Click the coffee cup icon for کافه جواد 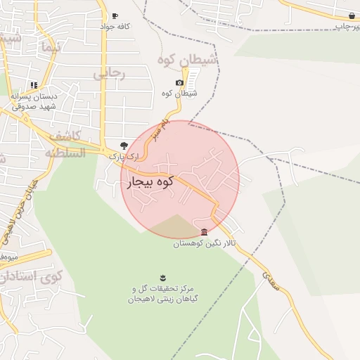pos(115,15)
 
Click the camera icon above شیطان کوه pos(179,83)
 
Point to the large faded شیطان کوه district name pos(188,60)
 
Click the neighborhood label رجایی pos(110,72)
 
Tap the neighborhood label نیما pos(52,48)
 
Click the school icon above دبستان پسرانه pos(33,85)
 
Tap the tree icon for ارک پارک pos(124,145)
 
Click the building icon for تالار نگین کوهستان pos(204,232)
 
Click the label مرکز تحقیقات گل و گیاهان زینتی pos(162,294)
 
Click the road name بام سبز pos(165,131)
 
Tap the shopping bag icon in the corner pos(351,15)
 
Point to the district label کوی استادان pos(32,276)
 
